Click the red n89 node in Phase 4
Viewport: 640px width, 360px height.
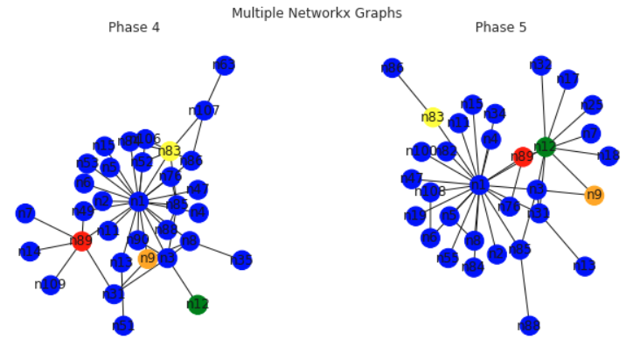(81, 241)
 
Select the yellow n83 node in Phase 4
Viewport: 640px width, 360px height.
(170, 151)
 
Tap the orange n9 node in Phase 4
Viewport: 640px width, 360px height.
(148, 258)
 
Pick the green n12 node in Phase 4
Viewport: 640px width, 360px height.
(198, 304)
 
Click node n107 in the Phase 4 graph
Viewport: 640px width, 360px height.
(204, 110)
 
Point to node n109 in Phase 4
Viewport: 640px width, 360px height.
(51, 285)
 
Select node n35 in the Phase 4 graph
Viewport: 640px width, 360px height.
(241, 260)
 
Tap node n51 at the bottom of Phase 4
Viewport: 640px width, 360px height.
(123, 326)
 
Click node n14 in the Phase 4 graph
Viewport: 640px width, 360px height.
(30, 252)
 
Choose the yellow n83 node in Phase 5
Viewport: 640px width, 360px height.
(433, 117)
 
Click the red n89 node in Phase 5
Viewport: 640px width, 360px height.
(523, 157)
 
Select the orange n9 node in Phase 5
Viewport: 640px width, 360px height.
(595, 195)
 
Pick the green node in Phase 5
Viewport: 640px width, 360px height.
(545, 146)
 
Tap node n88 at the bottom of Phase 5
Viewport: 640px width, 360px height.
(528, 326)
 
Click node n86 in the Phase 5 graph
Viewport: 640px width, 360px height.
(393, 67)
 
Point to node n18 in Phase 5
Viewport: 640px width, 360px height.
(609, 156)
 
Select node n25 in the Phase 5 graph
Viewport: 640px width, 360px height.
(592, 105)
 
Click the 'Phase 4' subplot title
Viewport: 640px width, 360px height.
(134, 27)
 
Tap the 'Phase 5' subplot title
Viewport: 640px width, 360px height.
(500, 27)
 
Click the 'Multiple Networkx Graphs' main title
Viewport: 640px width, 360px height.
(317, 12)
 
